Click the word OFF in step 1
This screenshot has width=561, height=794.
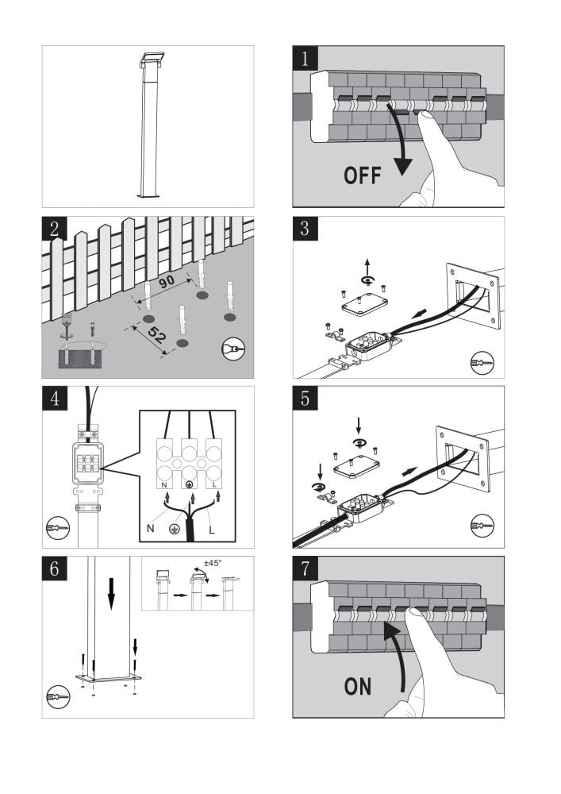[x=363, y=175]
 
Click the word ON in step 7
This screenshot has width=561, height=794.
[x=358, y=686]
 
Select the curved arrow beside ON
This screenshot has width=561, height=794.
[x=396, y=655]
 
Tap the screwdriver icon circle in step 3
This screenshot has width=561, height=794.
[x=481, y=362]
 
